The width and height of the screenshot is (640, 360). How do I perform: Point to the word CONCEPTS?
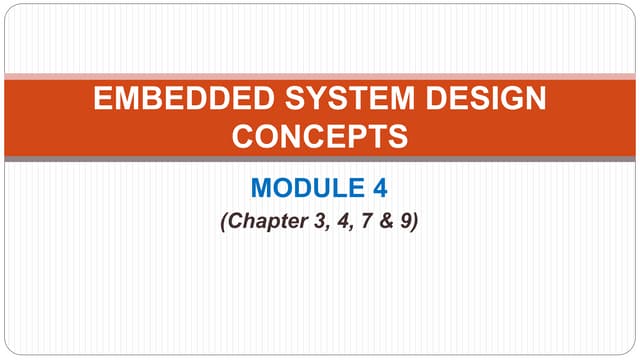(320, 136)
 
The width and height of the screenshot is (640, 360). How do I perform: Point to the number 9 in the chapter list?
(403, 221)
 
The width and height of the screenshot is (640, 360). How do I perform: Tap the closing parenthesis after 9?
(414, 221)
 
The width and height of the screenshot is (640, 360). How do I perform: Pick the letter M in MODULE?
(262, 187)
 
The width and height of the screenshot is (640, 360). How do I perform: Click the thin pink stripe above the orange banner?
(320, 75)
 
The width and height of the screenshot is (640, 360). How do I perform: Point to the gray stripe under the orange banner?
(320, 158)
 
